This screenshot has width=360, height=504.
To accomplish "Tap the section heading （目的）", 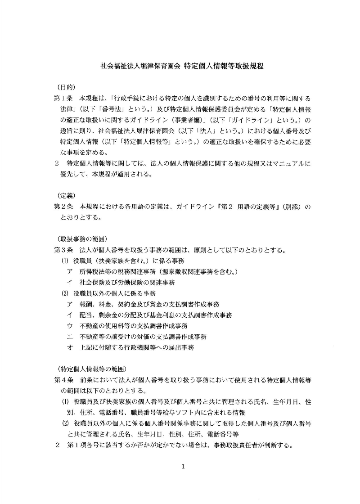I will tap(66, 87).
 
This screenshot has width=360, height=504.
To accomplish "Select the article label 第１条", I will tap(63, 98).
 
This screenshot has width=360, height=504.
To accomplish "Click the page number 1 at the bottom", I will tap(183, 466).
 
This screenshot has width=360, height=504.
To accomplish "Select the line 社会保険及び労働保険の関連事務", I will tap(127, 283).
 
